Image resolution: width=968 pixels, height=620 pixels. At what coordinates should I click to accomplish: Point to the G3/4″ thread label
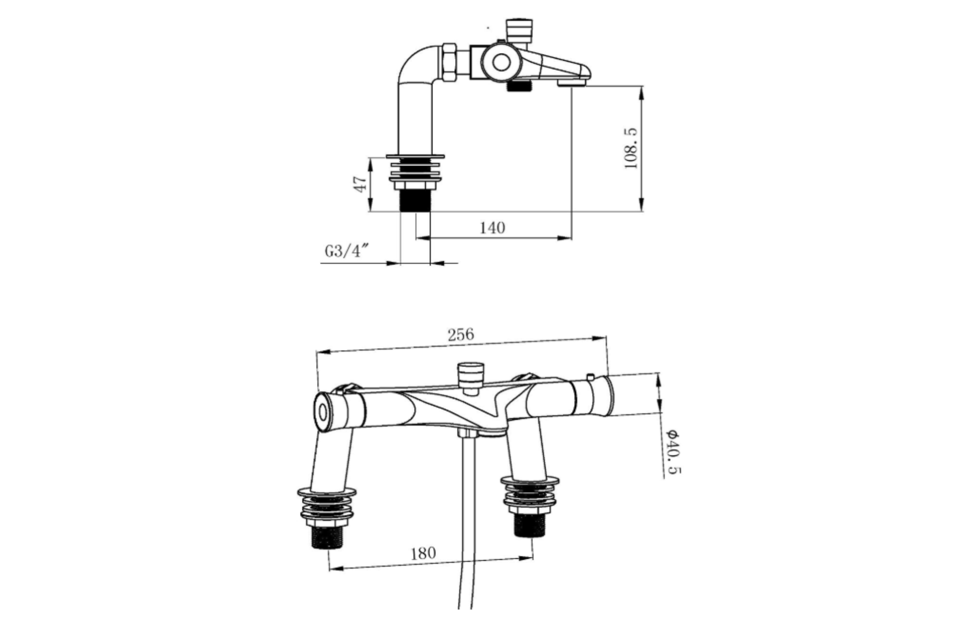click(x=346, y=251)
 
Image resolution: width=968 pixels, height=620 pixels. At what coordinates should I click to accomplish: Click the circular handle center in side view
click(x=501, y=62)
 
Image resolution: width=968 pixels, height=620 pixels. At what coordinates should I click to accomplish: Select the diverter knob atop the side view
click(x=519, y=29)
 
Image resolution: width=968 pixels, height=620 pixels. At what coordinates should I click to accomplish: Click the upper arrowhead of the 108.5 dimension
click(x=641, y=92)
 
